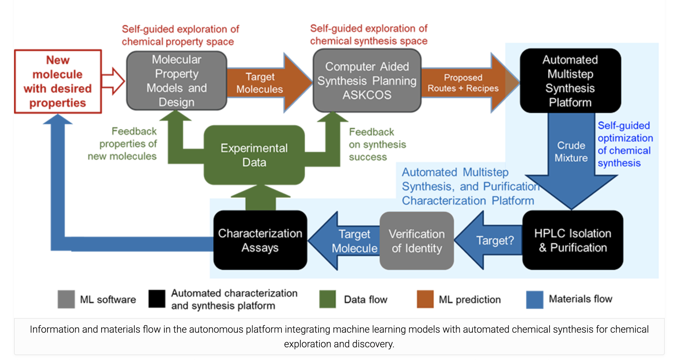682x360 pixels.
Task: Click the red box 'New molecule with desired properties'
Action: point(58,81)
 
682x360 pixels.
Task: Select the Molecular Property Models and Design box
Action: point(176,81)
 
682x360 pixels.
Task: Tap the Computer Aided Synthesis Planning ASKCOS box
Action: point(367,81)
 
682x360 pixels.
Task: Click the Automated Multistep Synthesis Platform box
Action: point(570,81)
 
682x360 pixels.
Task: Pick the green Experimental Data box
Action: point(254,155)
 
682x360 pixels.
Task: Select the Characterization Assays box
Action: point(260,240)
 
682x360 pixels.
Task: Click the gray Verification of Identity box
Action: point(416,241)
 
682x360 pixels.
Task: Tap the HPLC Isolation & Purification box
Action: point(572,240)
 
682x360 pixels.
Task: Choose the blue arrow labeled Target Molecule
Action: point(348,241)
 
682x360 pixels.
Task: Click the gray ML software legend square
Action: point(66,299)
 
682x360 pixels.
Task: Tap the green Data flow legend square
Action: point(327,299)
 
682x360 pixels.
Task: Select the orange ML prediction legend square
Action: point(425,299)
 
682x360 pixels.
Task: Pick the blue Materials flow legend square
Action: point(535,299)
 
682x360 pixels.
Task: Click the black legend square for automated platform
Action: point(157,299)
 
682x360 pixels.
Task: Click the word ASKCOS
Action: point(367,95)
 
